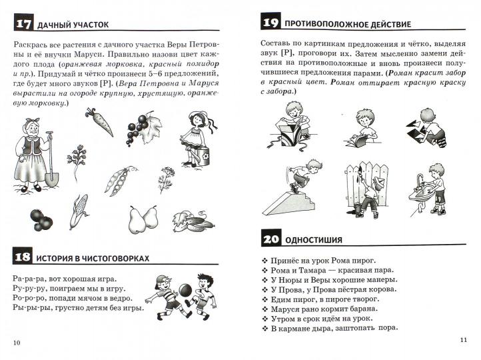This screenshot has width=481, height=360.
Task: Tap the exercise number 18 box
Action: click(x=22, y=257)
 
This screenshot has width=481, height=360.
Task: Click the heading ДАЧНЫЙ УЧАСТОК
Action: click(x=73, y=25)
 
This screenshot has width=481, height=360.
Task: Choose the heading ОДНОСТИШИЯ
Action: click(x=313, y=239)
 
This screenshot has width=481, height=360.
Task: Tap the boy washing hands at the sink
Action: click(x=434, y=187)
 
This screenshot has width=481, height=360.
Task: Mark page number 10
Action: click(x=17, y=343)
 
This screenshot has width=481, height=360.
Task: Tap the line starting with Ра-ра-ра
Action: click(x=64, y=278)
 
